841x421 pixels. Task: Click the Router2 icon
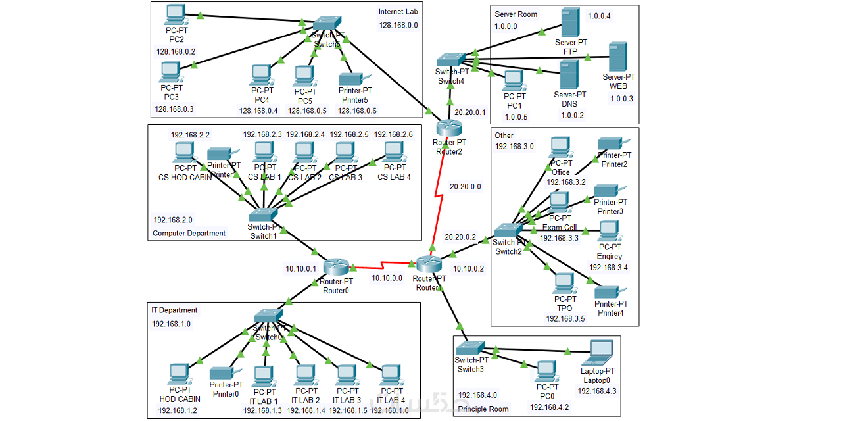pos(449,128)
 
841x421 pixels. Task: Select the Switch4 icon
pos(451,60)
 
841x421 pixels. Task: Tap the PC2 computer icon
pos(175,14)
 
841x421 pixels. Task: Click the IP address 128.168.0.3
pos(174,109)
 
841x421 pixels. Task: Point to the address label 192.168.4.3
pos(597,391)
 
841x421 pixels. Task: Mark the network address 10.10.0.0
pos(387,278)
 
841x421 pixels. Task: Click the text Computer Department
pos(189,234)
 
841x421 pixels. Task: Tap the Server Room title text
pos(516,14)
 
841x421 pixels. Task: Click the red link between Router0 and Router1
pos(384,267)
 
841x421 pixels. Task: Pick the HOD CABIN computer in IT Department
pos(179,375)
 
